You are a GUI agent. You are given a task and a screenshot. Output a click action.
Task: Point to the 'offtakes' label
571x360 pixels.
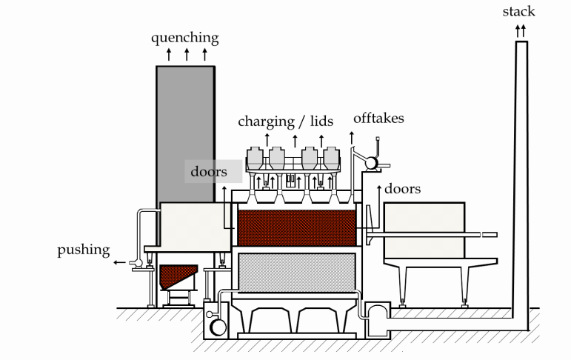click(378, 118)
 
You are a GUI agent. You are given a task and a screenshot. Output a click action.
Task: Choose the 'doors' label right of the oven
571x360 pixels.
click(403, 189)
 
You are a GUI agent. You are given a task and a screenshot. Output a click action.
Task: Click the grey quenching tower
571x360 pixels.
click(185, 133)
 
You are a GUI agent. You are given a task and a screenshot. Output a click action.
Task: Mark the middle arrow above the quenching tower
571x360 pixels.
click(186, 54)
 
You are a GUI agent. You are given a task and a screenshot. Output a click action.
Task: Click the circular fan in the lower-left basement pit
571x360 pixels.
click(218, 326)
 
